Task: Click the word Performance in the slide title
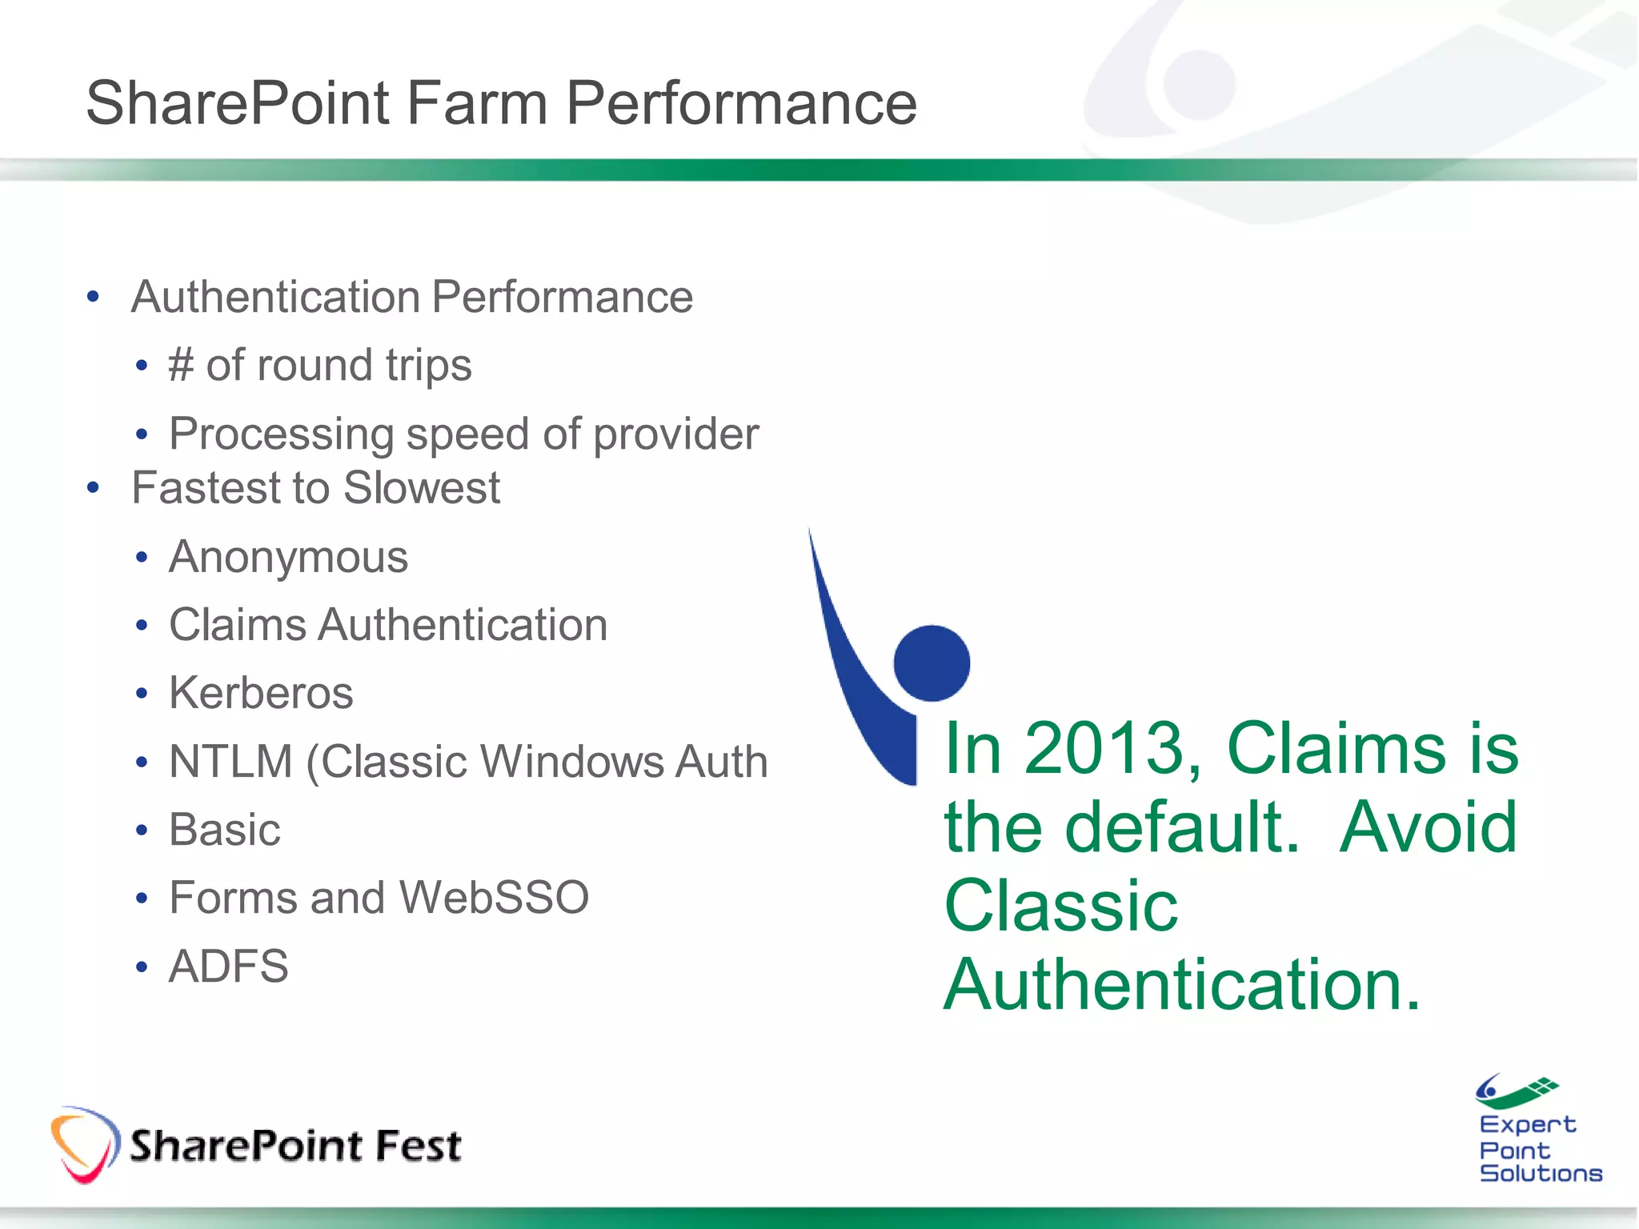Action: pos(741,104)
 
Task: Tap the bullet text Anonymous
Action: pos(288,557)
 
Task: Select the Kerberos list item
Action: pos(261,693)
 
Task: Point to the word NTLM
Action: pos(230,761)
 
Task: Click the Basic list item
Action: pos(225,830)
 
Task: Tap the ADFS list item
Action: pos(228,967)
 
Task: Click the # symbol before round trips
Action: pos(181,366)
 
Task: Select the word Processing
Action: pos(281,434)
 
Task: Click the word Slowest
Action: pos(422,488)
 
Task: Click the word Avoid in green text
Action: pos(1428,827)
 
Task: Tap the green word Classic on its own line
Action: pos(1060,907)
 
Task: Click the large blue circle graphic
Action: pos(932,663)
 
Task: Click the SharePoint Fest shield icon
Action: pos(84,1144)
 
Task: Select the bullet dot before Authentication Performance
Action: pos(94,298)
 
